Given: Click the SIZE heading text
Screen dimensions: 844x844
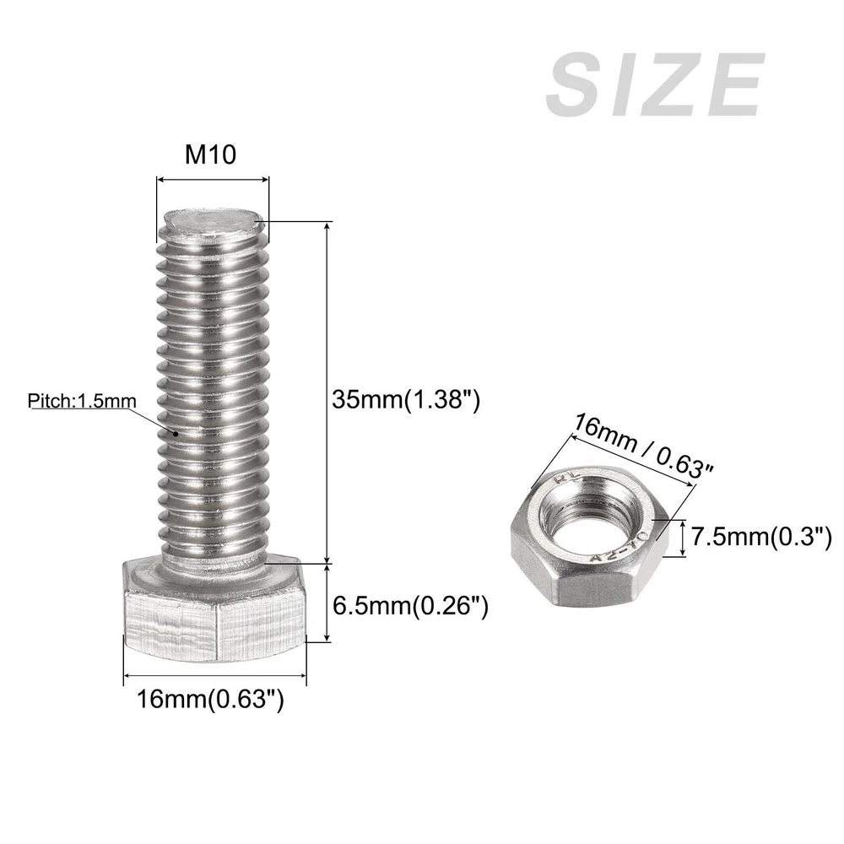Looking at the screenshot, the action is pyautogui.click(x=655, y=84).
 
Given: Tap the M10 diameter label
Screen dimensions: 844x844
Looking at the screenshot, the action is pyautogui.click(x=210, y=154).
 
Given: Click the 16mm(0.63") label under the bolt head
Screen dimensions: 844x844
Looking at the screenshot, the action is pyautogui.click(x=210, y=699).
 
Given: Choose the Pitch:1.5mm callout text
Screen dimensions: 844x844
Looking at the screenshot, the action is pyautogui.click(x=82, y=401).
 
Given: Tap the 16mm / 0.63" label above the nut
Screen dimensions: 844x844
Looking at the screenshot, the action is pyautogui.click(x=642, y=446).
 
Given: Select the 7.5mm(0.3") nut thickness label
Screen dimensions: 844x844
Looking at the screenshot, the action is pyautogui.click(x=761, y=537).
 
